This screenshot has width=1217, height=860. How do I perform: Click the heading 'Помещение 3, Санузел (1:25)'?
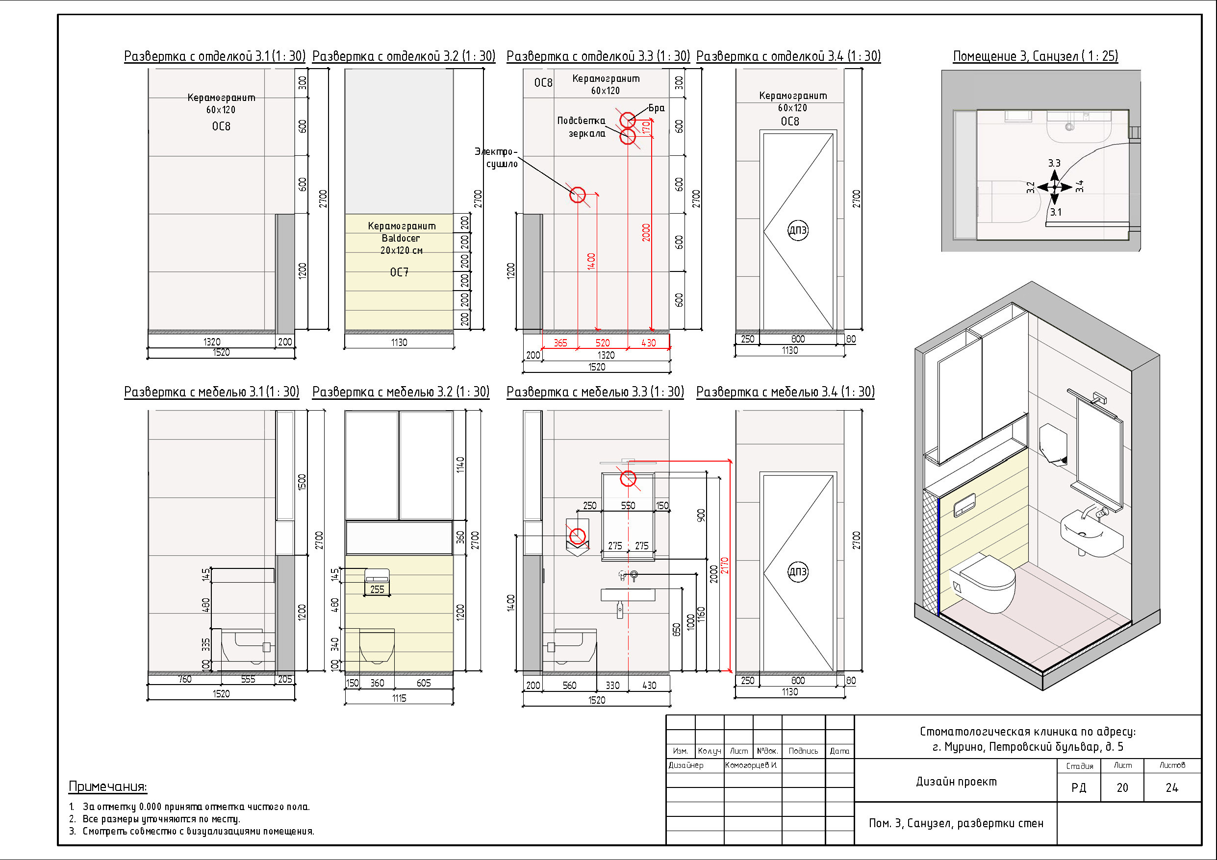click(1035, 56)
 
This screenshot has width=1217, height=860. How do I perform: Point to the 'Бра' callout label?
click(656, 108)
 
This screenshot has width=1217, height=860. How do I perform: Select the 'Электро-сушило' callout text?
click(496, 158)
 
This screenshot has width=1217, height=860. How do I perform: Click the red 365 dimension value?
click(560, 343)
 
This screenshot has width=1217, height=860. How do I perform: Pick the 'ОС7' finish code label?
click(399, 272)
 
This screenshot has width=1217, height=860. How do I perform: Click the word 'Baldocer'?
click(400, 239)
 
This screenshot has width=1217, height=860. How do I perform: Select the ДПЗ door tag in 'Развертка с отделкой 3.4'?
click(798, 230)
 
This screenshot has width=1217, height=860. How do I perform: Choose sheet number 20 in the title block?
click(1122, 788)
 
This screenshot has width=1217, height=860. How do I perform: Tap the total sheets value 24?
click(1172, 788)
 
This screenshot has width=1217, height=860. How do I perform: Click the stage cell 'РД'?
click(1079, 788)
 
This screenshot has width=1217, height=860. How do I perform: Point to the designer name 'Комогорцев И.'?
click(751, 765)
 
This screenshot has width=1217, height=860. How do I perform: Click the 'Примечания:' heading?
click(107, 787)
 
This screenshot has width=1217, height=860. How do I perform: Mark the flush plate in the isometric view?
click(964, 506)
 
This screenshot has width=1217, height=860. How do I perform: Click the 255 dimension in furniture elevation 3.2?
click(377, 589)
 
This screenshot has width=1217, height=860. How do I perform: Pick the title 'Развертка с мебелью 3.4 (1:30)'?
click(785, 392)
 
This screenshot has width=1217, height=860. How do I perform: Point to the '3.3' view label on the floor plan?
click(1054, 163)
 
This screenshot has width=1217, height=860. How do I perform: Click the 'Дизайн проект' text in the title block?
click(956, 782)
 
